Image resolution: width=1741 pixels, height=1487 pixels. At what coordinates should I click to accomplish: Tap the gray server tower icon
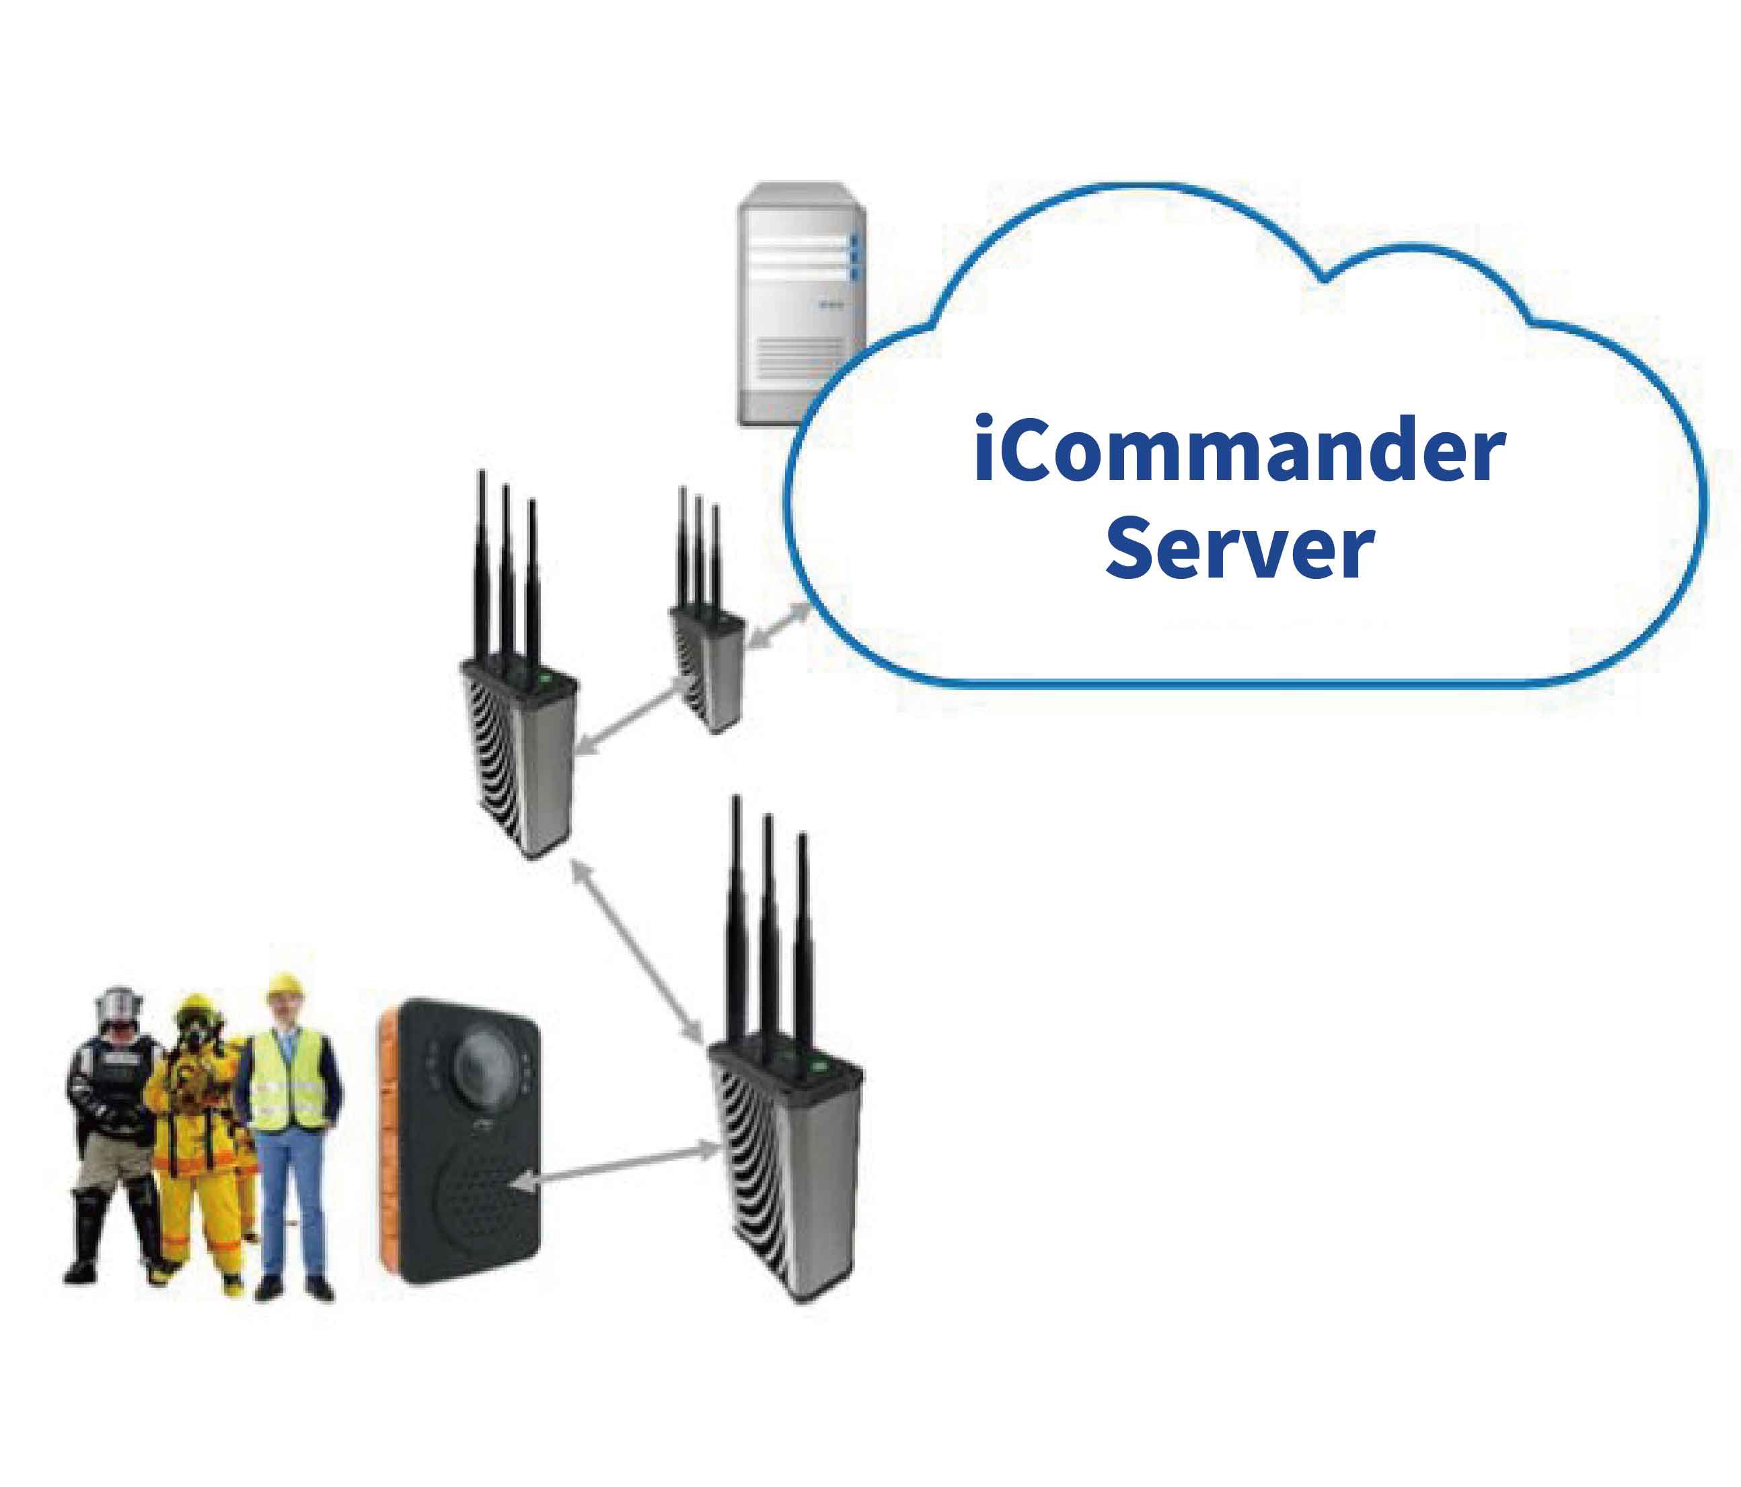click(x=799, y=303)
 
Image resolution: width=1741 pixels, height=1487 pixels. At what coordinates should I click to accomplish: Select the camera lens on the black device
click(x=482, y=1062)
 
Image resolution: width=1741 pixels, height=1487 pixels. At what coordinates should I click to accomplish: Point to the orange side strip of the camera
click(x=388, y=1143)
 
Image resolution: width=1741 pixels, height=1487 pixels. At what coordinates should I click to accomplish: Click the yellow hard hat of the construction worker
click(x=284, y=985)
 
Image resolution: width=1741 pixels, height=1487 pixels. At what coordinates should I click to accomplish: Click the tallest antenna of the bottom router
click(x=737, y=916)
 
